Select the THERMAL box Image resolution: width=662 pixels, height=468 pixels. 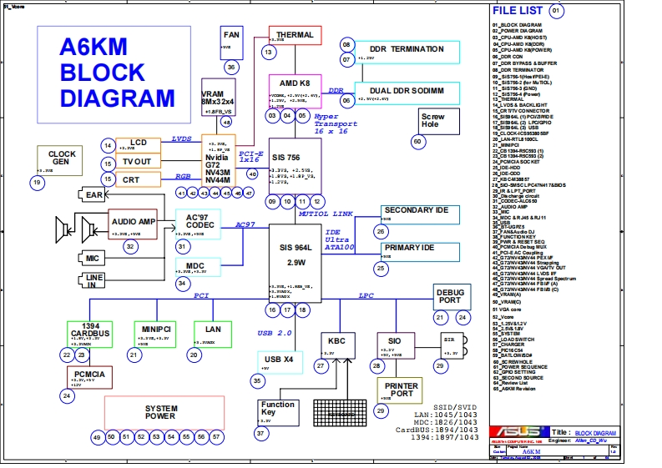click(x=295, y=36)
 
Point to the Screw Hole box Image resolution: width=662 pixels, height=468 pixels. click(x=432, y=121)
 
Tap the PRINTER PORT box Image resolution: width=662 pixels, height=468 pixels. click(x=402, y=391)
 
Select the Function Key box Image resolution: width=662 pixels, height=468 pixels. click(x=277, y=409)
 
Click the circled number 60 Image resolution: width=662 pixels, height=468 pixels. click(x=417, y=141)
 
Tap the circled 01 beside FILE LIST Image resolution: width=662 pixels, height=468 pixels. click(x=557, y=11)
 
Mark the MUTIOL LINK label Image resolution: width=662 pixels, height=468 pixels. click(x=324, y=214)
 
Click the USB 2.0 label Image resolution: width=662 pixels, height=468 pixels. click(x=275, y=333)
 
